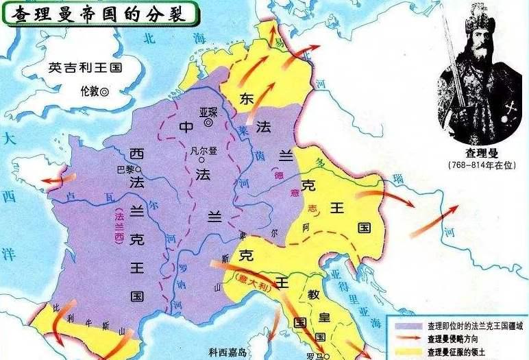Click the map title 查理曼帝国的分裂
point(96,13)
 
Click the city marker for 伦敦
point(105,91)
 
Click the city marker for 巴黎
point(138,168)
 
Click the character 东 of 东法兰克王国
point(247,97)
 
